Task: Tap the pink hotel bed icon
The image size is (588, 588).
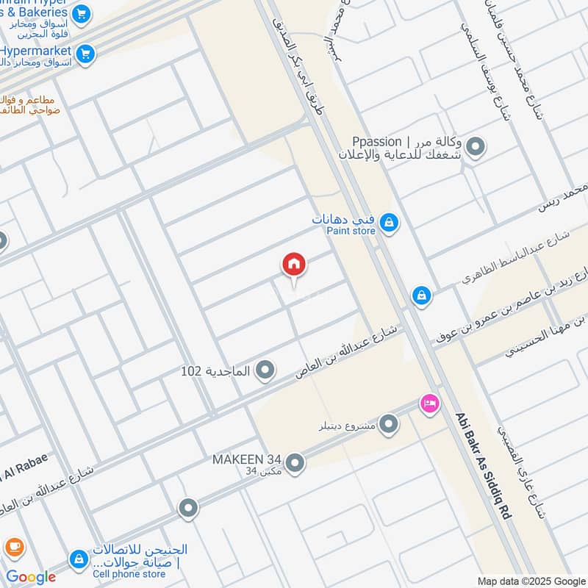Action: pyautogui.click(x=430, y=403)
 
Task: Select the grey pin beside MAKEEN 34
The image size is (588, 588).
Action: pyautogui.click(x=295, y=462)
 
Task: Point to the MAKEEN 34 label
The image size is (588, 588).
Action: pyautogui.click(x=247, y=459)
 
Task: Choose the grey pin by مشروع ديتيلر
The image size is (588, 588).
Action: pyautogui.click(x=389, y=424)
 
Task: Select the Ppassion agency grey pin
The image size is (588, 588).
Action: pyautogui.click(x=476, y=147)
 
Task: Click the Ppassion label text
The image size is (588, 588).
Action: pyautogui.click(x=377, y=141)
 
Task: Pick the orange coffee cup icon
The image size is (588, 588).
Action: pyautogui.click(x=14, y=548)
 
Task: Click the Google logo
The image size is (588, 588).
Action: pyautogui.click(x=31, y=577)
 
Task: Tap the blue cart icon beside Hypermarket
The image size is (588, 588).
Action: pyautogui.click(x=86, y=54)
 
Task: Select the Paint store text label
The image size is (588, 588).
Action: pyautogui.click(x=351, y=231)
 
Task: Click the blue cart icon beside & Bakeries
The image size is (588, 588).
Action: pyautogui.click(x=82, y=13)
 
